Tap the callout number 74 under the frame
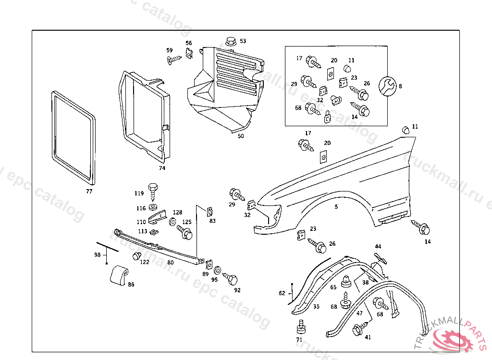coord(162,168)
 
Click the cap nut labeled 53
coord(230,42)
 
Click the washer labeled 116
coord(153,207)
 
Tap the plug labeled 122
coord(136,256)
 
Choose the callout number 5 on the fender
coord(336,207)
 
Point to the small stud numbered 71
coord(301,326)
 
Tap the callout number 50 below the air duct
coord(241,136)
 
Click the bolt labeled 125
coord(185,233)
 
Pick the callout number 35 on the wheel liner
coord(316,306)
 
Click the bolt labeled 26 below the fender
coord(319,246)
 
